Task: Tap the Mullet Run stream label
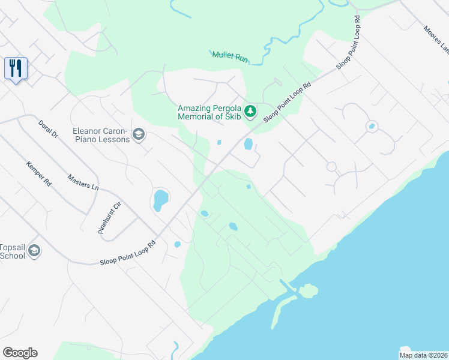230,56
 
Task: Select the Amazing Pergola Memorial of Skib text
209,112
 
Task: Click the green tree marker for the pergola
250,111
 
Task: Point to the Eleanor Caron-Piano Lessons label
100,135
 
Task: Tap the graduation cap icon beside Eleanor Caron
139,134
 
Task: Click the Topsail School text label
12,251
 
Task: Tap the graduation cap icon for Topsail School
34,250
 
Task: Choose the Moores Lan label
436,38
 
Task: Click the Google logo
20,353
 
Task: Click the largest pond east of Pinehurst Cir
160,199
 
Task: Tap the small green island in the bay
309,292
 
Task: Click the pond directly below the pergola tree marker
248,144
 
